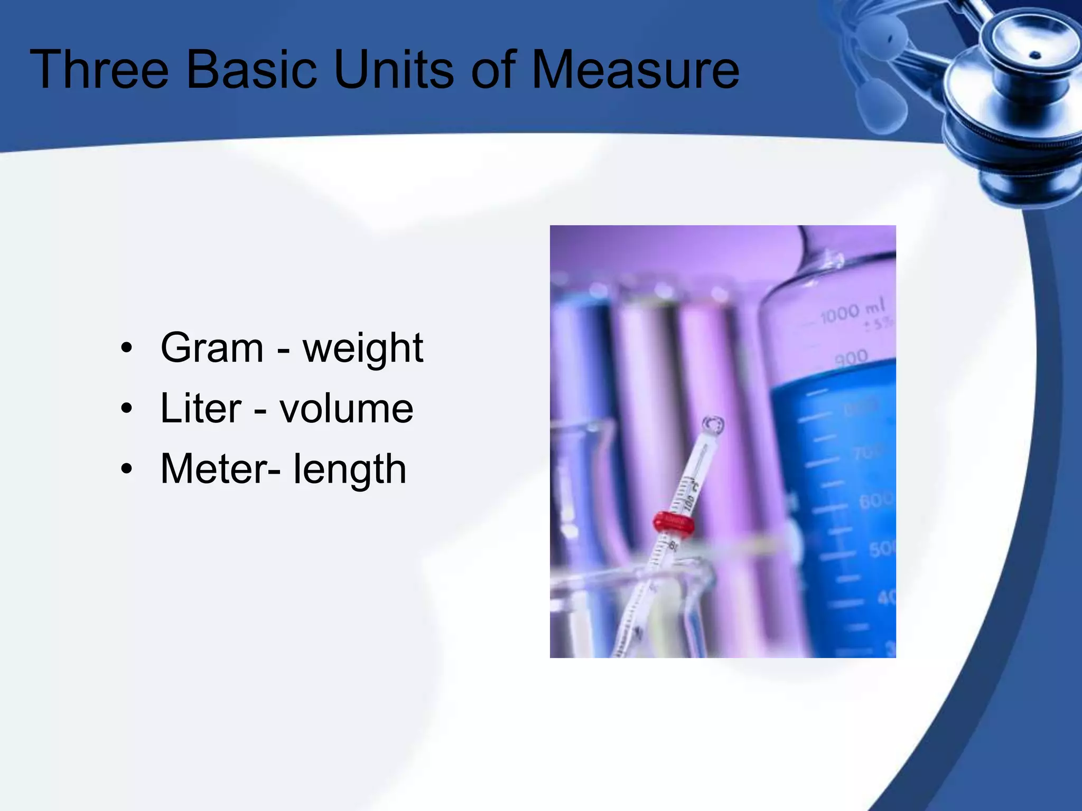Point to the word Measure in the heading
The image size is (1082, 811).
[x=635, y=70]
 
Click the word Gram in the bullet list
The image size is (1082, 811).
[x=212, y=348]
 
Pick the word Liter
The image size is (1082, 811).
[x=201, y=408]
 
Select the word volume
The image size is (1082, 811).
[x=346, y=408]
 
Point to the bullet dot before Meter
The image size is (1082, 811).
[x=126, y=469]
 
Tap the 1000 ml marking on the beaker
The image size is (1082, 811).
[x=852, y=311]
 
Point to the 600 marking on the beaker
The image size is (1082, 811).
[x=876, y=499]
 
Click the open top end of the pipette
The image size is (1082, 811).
[x=713, y=423]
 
